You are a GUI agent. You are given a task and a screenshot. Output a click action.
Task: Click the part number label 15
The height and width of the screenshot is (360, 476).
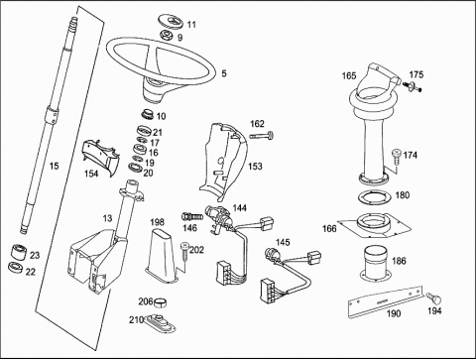tap(54, 166)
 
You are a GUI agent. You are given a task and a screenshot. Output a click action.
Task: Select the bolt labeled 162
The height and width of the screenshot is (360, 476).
tap(262, 136)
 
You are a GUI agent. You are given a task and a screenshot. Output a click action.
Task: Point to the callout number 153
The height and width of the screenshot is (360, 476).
tap(255, 166)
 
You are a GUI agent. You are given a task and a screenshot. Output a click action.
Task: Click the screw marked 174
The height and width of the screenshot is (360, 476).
tap(397, 156)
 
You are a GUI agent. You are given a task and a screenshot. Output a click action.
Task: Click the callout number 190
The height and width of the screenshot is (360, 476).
tap(394, 313)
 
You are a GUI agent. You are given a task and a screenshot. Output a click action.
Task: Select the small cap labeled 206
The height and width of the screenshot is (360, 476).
tap(161, 302)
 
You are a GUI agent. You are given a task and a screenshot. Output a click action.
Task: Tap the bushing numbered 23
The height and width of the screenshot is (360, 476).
tap(20, 253)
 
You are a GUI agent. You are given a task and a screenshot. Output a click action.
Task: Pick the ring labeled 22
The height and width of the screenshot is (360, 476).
tap(16, 268)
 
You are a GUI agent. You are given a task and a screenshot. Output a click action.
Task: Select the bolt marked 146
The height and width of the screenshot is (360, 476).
tap(192, 217)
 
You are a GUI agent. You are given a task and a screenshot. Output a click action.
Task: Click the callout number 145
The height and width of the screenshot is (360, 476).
tap(283, 242)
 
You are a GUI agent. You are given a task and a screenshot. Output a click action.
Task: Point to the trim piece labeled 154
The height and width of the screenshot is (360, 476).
tap(100, 156)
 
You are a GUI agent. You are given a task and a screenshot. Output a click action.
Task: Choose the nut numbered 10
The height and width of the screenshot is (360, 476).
tap(148, 114)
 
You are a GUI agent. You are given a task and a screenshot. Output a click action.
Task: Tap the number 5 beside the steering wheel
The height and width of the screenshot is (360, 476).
tap(224, 73)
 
